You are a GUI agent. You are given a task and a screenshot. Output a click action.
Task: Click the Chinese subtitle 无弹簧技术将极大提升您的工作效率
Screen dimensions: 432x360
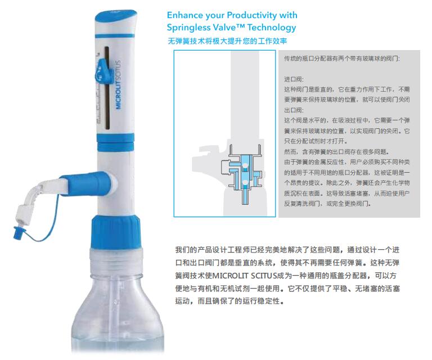(x=227, y=41)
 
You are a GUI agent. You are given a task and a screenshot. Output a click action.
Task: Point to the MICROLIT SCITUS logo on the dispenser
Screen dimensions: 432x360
(x=119, y=84)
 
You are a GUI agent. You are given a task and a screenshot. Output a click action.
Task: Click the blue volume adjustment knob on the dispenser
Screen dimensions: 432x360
(x=102, y=70)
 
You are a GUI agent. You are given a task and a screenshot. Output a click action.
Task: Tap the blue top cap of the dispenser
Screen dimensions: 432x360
(x=116, y=16)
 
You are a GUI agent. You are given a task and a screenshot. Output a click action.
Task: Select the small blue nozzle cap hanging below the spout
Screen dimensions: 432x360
(x=19, y=231)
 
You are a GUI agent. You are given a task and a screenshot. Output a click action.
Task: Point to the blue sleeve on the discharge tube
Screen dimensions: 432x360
(x=85, y=183)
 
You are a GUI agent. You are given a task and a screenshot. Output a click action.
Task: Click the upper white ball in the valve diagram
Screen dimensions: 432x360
(x=244, y=166)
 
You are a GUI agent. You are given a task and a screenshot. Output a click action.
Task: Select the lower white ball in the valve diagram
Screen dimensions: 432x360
(x=244, y=183)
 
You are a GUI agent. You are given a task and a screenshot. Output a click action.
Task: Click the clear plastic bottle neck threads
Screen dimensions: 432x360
(x=116, y=259)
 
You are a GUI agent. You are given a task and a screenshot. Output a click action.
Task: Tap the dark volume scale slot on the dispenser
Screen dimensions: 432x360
(x=107, y=88)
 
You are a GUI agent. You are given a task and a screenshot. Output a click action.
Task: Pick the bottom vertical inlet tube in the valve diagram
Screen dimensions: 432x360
(x=244, y=196)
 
